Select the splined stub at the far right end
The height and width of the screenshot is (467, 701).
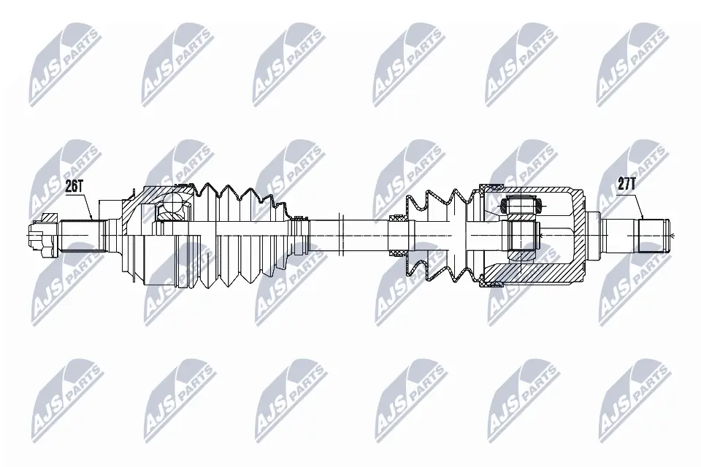pyautogui.click(x=654, y=233)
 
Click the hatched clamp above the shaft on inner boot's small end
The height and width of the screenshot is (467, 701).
pyautogui.click(x=399, y=217)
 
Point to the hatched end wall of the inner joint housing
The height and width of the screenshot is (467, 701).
pyautogui.click(x=581, y=233)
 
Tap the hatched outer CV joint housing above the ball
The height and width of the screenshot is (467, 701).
pyautogui.click(x=157, y=191)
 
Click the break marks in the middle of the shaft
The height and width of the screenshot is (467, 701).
pyautogui.click(x=342, y=233)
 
